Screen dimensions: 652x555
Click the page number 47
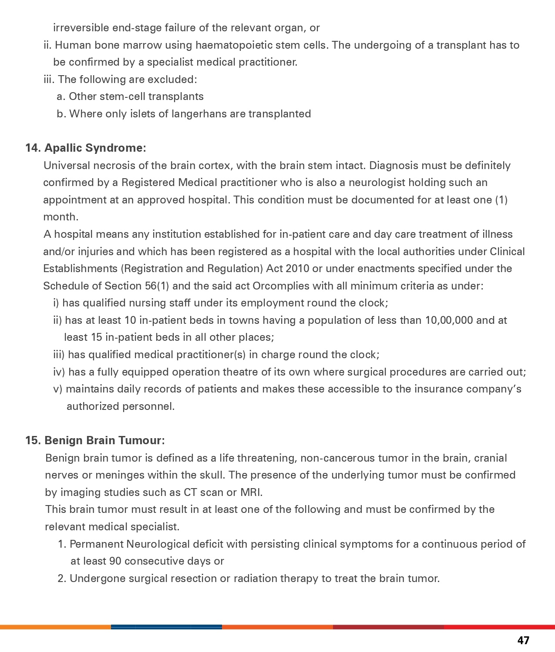click(x=523, y=640)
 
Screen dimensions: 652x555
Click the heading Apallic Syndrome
click(x=95, y=148)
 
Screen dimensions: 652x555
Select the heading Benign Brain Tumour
click(x=104, y=440)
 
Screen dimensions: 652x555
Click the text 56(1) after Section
click(x=156, y=286)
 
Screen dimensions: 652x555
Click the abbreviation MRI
click(x=251, y=492)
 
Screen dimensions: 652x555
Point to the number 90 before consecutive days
click(x=115, y=561)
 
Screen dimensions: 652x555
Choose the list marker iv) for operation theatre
click(x=59, y=372)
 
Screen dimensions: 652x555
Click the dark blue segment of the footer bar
click(x=166, y=627)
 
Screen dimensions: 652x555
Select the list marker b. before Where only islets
click(x=61, y=114)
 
